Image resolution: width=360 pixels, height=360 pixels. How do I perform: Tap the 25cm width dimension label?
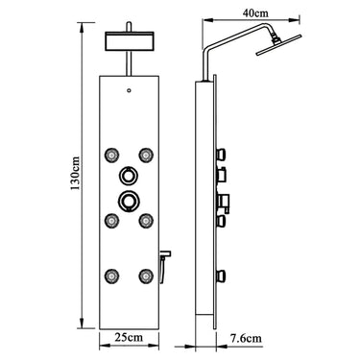[129, 337]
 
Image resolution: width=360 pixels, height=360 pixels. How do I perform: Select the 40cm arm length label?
[255, 13]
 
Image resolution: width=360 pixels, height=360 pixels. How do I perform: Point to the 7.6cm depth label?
[246, 338]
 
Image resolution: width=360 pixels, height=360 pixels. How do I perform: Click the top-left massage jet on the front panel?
[111, 155]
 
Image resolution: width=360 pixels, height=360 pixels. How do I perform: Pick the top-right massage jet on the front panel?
[146, 155]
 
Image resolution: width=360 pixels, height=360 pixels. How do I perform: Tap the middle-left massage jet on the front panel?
[111, 220]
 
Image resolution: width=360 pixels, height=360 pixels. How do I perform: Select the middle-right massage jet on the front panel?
[146, 220]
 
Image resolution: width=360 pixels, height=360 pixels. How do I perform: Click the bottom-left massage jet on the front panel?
[111, 275]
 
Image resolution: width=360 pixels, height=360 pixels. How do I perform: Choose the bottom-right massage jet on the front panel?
[146, 275]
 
